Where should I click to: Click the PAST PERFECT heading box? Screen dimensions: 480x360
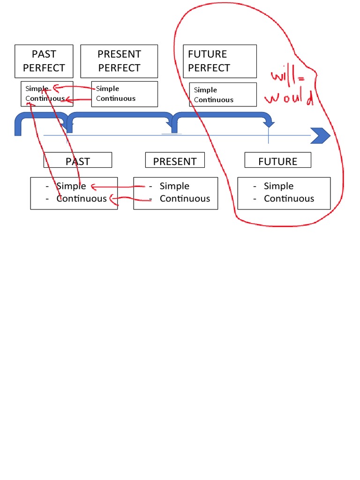tap(44, 61)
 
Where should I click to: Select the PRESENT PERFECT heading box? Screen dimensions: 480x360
tap(119, 61)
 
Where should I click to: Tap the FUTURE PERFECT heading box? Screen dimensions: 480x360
tap(219, 61)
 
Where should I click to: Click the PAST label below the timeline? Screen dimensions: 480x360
tap(78, 161)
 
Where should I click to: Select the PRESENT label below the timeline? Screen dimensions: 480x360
tap(175, 161)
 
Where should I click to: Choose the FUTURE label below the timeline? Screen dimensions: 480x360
tap(277, 161)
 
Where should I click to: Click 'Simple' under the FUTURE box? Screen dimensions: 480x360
tap(278, 186)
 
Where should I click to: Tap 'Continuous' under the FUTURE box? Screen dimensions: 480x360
tap(289, 198)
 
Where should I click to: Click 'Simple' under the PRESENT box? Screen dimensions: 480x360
tap(174, 186)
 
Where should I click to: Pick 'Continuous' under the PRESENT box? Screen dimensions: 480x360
tap(185, 198)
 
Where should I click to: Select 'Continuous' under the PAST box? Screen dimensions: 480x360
tap(82, 198)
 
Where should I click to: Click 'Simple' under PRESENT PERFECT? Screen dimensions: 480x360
tap(107, 89)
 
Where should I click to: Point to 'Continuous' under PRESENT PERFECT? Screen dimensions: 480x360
tap(116, 98)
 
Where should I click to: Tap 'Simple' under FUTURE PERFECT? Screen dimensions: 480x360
tap(205, 90)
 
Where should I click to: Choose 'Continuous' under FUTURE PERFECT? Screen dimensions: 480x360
tap(214, 100)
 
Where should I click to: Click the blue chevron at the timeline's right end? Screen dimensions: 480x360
tap(321, 136)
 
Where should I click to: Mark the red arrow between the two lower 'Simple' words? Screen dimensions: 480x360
tap(117, 187)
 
